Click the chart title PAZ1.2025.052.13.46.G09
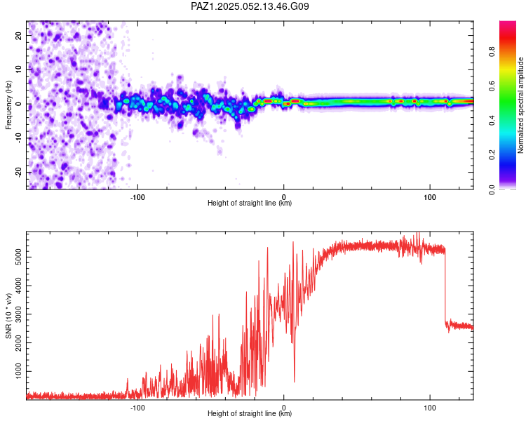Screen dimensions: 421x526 coord(250,6)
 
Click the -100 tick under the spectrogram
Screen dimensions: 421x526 coord(137,197)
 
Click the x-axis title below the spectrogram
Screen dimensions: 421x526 coord(250,203)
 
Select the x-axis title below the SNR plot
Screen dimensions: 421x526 coord(250,414)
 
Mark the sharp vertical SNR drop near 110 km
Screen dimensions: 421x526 coord(445,288)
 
